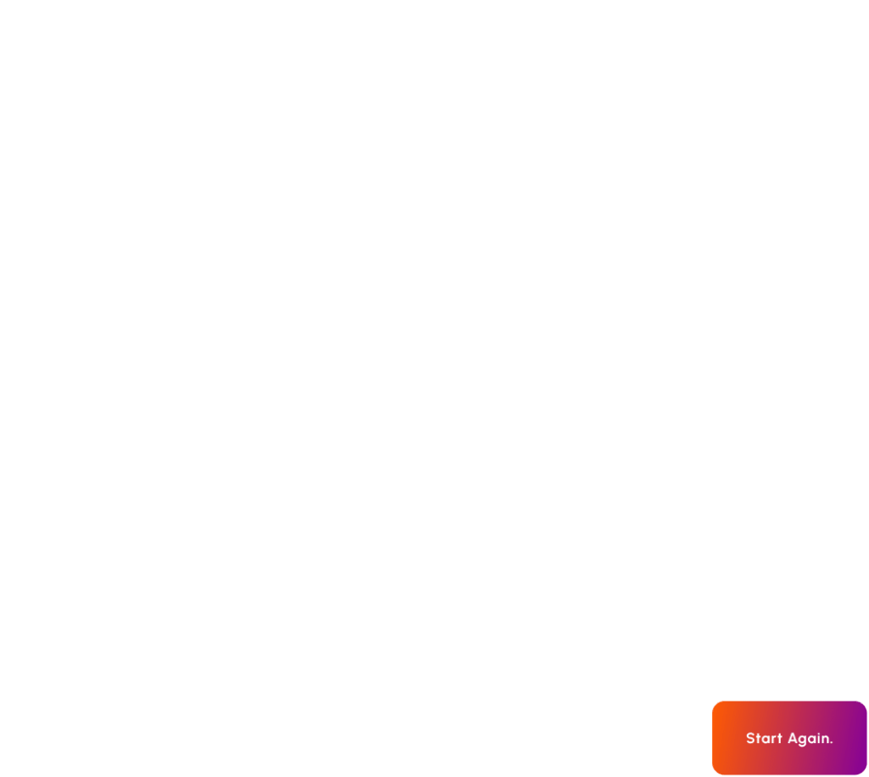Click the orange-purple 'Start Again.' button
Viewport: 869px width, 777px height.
789,738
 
